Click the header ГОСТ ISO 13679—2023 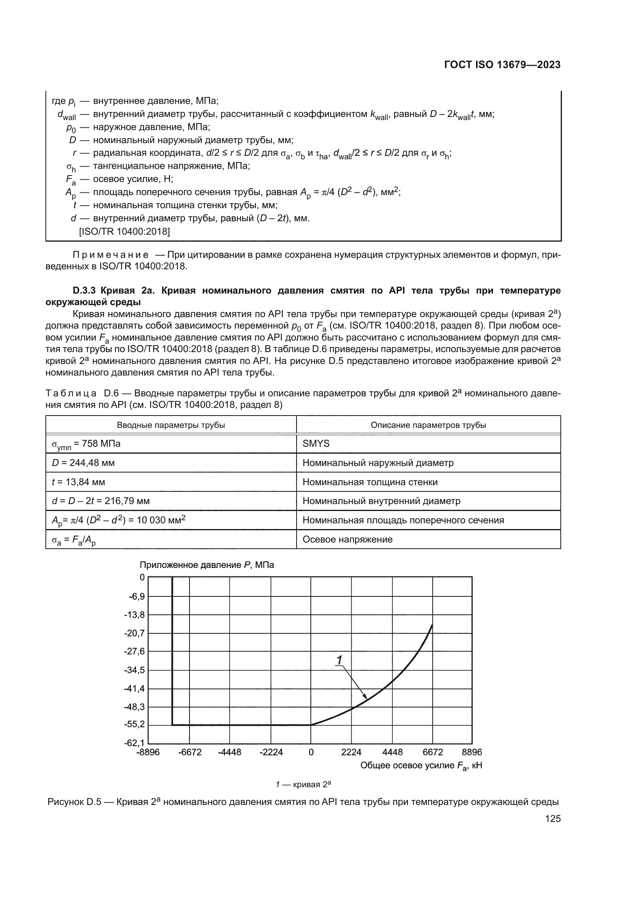click(502, 65)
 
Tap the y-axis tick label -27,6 click(134, 651)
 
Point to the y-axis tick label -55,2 click(134, 724)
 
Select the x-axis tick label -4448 click(230, 752)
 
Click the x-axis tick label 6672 click(432, 752)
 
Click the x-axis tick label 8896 click(471, 752)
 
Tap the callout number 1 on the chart click(339, 661)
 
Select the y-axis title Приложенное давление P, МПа click(207, 565)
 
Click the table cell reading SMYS click(316, 443)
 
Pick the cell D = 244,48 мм click(83, 463)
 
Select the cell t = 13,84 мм click(79, 482)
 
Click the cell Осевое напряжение click(347, 539)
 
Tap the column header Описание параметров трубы click(428, 425)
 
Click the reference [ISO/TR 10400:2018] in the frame click(124, 232)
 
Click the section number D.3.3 click(85, 291)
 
